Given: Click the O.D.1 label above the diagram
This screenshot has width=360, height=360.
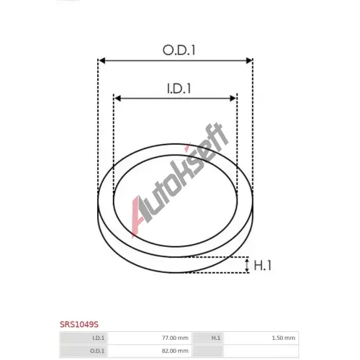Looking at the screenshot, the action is tap(179, 50).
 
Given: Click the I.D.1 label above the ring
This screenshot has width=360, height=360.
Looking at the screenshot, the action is tap(179, 89).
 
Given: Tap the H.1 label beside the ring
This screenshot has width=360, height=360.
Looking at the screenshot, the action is tap(262, 266).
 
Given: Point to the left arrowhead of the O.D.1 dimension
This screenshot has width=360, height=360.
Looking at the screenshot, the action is tap(102, 60).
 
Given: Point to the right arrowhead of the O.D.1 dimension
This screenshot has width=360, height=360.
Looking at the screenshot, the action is tap(249, 60).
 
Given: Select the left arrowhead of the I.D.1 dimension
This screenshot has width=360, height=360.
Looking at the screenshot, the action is tap(117, 98).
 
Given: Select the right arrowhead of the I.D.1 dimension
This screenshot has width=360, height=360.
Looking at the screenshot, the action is tap(233, 98).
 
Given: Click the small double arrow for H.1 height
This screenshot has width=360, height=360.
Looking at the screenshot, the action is tap(247, 265).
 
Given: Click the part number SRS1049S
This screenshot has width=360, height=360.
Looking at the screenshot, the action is tap(79, 325).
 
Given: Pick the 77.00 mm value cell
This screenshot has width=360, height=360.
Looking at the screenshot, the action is tap(150, 338).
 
